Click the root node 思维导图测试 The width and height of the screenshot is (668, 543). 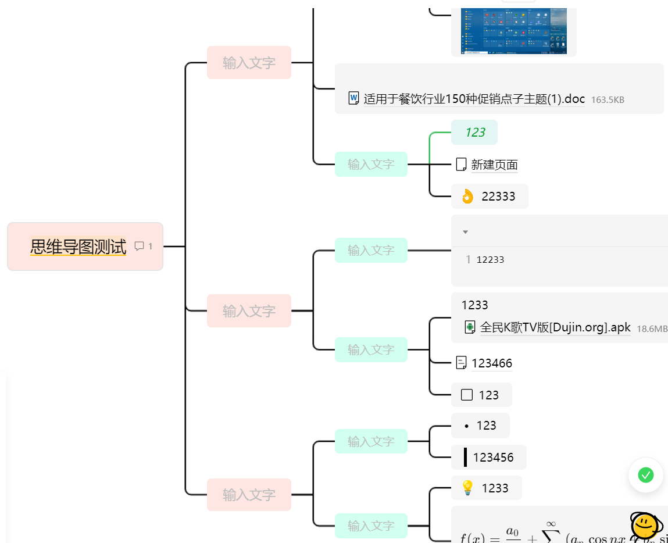point(78,247)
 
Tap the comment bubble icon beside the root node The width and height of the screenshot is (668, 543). point(139,246)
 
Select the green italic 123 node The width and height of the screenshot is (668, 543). point(474,133)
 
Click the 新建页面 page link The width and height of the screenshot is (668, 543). point(494,165)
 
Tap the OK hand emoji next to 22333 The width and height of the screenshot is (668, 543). point(467,197)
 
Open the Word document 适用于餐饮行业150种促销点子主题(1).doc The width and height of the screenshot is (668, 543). point(474,99)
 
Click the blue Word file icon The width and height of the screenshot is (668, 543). point(353,98)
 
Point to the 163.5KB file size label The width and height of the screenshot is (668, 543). point(608,99)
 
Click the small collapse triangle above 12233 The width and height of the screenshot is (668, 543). point(465,232)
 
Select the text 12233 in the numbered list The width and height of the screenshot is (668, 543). point(490,260)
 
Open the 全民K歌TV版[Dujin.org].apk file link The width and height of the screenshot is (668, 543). point(555,327)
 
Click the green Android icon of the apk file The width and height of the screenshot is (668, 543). point(470,327)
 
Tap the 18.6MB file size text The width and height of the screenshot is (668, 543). point(652,328)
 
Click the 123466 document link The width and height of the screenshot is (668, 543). point(492,363)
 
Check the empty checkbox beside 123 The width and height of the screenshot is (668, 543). point(466,395)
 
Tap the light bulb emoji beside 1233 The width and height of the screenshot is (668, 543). point(467,488)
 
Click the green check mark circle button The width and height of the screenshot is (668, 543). point(646,475)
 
